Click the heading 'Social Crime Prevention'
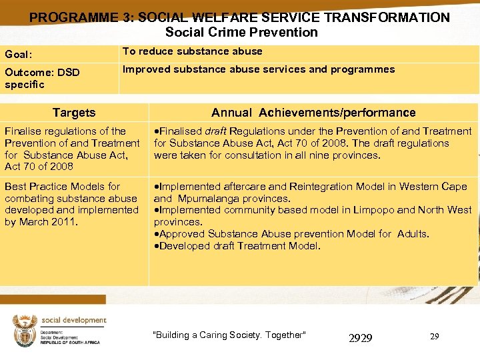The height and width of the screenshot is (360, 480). [241, 32]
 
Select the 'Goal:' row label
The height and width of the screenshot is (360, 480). [19, 55]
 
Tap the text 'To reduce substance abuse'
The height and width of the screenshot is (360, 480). [192, 51]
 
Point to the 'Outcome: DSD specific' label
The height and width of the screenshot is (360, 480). [41, 78]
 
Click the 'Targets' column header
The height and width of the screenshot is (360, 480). [74, 113]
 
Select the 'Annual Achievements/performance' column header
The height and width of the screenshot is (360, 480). [313, 113]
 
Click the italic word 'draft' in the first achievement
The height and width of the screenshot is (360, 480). [217, 131]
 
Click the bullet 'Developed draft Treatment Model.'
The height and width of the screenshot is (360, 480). [237, 246]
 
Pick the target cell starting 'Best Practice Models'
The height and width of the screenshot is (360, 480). [71, 204]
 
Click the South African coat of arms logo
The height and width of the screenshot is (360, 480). [25, 331]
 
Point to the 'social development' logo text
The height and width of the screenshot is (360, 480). [73, 321]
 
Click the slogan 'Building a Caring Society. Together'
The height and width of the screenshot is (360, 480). [229, 335]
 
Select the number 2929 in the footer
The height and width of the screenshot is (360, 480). [361, 339]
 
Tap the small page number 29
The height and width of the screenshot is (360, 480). [434, 337]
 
